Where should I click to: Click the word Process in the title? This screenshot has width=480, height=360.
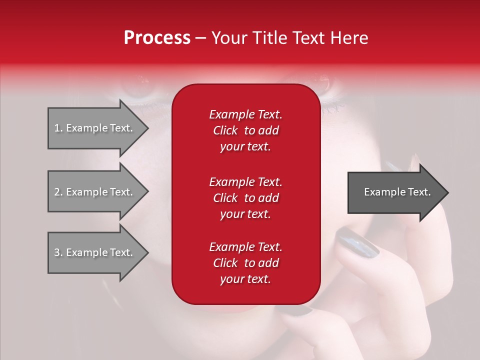coord(157,38)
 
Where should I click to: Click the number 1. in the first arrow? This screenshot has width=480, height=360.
coord(58,128)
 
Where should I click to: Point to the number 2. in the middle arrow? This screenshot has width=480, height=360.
coord(58,192)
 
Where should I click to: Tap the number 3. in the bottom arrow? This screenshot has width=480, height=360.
coord(58,252)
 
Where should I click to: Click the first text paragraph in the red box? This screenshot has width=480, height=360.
coord(245,130)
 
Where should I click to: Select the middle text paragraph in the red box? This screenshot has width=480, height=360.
coord(245,197)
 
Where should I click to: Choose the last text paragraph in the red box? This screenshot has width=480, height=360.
coord(245,263)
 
